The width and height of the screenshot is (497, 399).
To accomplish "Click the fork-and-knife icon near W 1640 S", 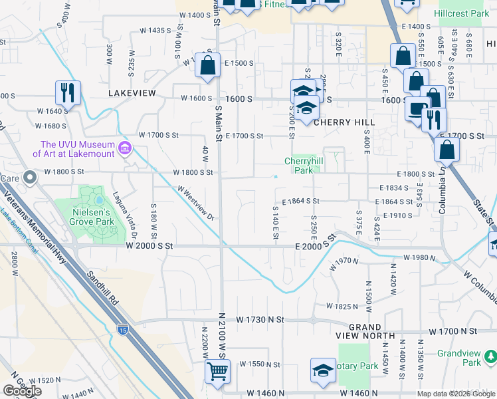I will pos(68,92).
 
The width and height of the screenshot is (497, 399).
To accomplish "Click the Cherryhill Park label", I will pos(303,165).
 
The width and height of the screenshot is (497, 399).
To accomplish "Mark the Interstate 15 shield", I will pos(123,329).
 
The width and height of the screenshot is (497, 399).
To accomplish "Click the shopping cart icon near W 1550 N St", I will pos(217,370).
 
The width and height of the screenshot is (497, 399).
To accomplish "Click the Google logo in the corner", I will pos(22,391).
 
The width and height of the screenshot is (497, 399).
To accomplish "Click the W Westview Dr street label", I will pos(195,203).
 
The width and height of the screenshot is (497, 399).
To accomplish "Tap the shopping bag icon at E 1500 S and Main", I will pos(208,66).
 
